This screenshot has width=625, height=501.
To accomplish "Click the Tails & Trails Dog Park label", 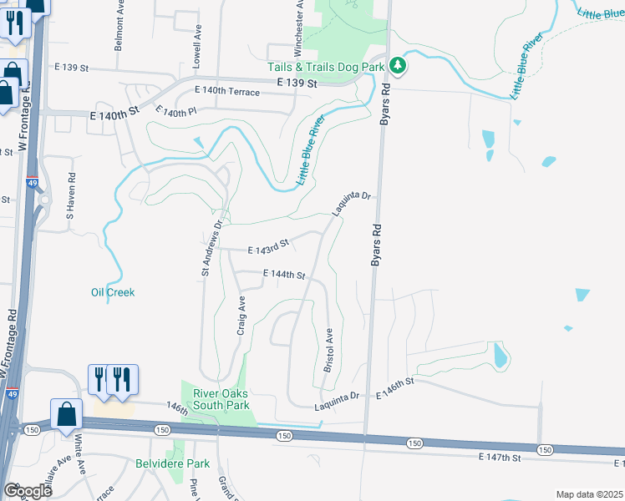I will pos(326,67).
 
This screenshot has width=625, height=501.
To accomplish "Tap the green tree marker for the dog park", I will pos(399,66).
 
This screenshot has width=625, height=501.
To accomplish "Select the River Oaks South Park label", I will pos(216,399).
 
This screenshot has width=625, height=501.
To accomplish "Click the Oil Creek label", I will pos(113,292).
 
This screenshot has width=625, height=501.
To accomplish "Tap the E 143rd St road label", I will pos(268,246).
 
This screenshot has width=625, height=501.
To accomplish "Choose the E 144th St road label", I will pos(284,274).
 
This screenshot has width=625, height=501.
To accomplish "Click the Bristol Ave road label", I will pos(329,350).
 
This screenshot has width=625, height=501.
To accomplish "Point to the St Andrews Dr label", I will pos(211,248).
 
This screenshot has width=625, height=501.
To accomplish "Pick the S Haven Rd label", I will pos(71,195).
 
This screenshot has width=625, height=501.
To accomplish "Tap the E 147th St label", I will pos(501,458).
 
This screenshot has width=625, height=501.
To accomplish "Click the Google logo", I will pos(27,491).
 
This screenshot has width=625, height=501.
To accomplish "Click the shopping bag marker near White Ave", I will pos(66,414).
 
